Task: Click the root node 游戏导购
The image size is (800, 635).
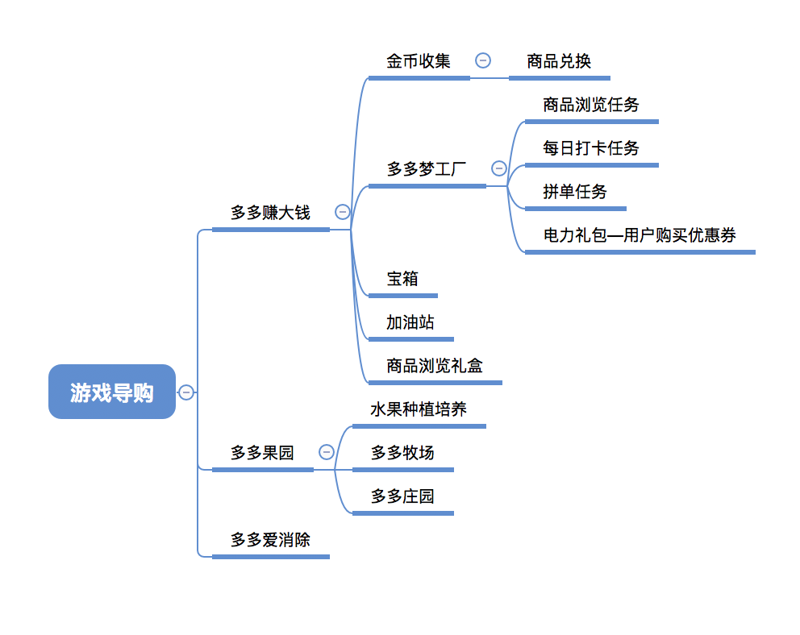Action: click(111, 392)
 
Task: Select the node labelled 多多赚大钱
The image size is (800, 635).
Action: click(270, 213)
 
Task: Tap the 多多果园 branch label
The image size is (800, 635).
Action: click(262, 453)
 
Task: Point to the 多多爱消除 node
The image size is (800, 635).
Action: click(270, 540)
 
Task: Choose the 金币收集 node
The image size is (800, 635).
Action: click(418, 61)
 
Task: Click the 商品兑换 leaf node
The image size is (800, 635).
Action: click(559, 61)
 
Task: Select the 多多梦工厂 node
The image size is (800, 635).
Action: click(427, 169)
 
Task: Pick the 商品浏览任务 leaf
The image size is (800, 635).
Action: click(591, 105)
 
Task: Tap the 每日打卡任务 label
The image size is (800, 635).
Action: click(591, 148)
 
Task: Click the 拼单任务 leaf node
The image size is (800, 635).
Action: click(575, 192)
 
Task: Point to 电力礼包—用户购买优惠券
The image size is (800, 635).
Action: click(640, 235)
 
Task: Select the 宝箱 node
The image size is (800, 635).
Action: click(402, 279)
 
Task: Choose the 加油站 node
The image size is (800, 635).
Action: click(410, 322)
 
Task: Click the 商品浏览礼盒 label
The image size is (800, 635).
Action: click(435, 366)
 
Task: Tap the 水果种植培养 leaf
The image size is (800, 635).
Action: click(419, 409)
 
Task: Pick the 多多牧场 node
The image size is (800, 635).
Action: click(402, 453)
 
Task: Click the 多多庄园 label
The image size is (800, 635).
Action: click(402, 496)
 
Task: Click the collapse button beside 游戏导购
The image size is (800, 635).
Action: click(186, 392)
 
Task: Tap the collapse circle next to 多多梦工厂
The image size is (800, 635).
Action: click(499, 168)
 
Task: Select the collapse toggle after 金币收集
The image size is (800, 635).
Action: click(483, 60)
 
